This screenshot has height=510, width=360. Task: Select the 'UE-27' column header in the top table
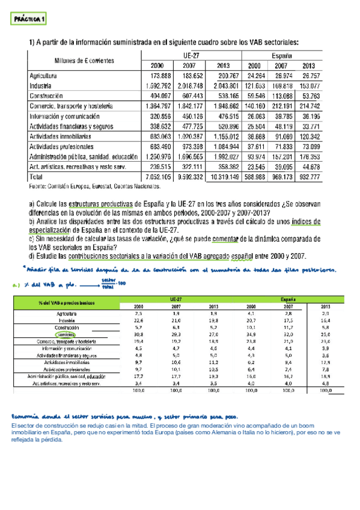point(191,54)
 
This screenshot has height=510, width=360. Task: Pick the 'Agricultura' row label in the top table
point(43,77)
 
